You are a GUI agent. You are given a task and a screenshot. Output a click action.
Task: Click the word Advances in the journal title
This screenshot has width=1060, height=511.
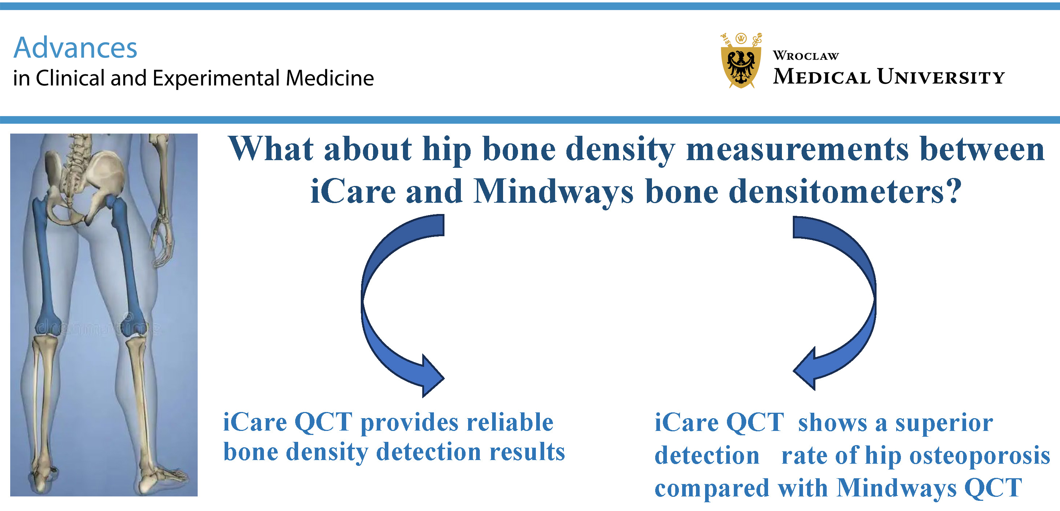point(75,48)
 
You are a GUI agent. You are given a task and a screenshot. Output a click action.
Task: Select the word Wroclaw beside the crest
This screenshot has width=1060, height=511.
point(806,56)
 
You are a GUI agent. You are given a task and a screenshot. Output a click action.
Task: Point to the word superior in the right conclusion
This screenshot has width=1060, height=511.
point(944,424)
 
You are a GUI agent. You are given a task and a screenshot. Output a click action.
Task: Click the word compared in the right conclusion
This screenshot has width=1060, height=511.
point(712,489)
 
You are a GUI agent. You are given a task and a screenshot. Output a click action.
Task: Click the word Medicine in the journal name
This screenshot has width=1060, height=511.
point(330,78)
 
